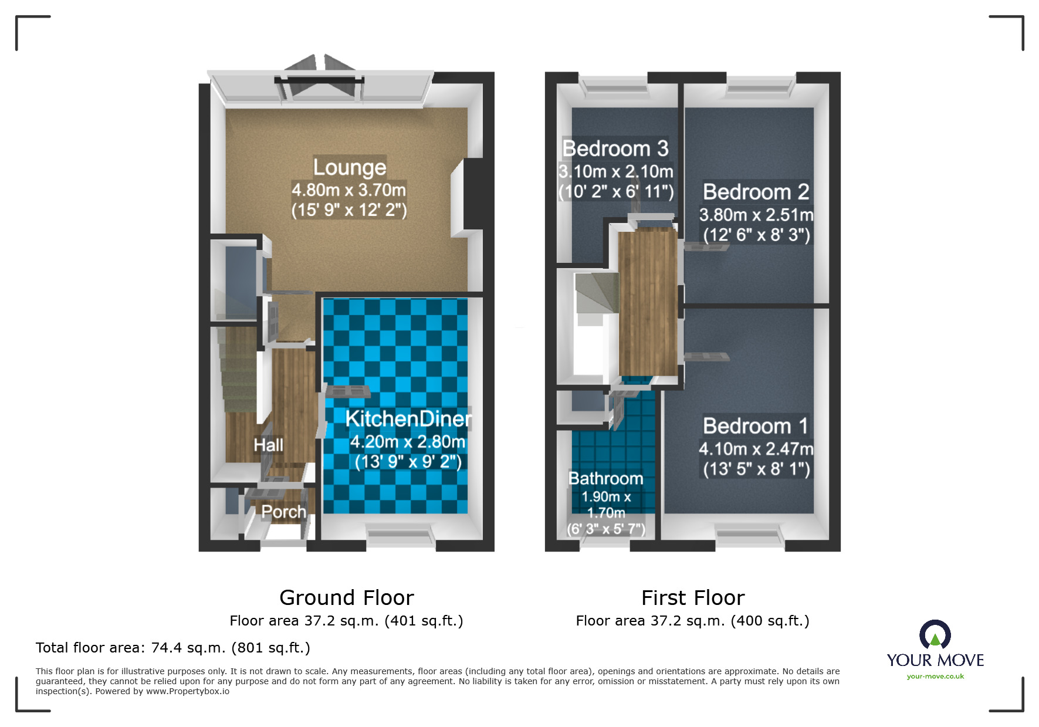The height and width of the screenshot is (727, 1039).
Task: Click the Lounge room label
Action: [x=349, y=167]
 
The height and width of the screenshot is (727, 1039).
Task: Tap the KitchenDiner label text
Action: [x=408, y=418]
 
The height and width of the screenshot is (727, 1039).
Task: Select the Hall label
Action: [x=268, y=445]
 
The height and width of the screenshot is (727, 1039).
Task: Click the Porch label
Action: [x=283, y=512]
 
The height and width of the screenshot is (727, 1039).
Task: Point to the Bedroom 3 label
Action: [x=615, y=148]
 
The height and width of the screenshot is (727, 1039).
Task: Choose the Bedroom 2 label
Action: [x=756, y=192]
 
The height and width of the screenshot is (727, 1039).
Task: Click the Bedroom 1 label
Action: [x=756, y=426]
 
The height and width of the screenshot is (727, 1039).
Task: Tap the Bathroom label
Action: [x=605, y=479]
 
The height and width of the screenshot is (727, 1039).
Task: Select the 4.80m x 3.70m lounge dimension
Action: [x=349, y=190]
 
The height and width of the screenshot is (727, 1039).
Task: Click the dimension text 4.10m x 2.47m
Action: [x=756, y=449]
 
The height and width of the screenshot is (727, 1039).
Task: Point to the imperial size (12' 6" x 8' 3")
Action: [x=756, y=235]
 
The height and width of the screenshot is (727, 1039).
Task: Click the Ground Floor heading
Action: [x=346, y=598]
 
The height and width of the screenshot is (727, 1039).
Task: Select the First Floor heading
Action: [x=692, y=598]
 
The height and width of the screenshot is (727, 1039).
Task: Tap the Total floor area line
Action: [x=173, y=648]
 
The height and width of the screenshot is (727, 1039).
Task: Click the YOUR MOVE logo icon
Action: [x=935, y=635]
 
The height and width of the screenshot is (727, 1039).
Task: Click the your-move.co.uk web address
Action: [x=935, y=677]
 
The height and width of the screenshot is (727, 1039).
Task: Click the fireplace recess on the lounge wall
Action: [x=466, y=198]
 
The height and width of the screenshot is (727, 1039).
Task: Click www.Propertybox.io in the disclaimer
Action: [x=188, y=691]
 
